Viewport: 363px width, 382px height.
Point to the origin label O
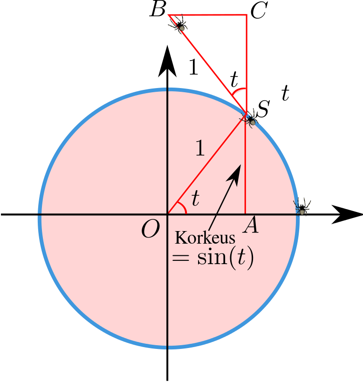point(151,229)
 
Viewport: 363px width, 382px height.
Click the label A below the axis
point(250,227)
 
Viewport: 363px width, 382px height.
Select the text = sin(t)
point(212,258)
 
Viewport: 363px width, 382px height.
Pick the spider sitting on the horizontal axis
point(302,207)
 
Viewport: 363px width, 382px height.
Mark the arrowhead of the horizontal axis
point(347,214)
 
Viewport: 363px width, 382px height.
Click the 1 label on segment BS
point(193,68)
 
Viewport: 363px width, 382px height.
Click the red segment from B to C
point(207,15)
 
